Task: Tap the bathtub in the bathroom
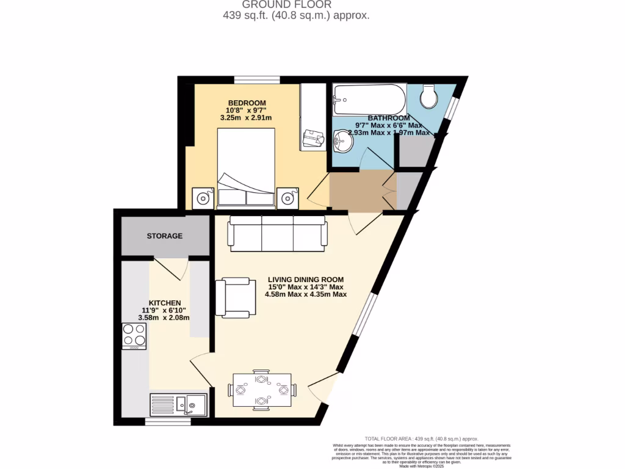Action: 369,99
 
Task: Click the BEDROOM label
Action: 247,102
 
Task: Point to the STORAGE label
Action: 164,236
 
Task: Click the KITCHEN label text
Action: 165,302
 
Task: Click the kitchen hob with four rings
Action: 134,335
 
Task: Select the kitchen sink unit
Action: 178,405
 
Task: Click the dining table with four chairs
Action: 262,390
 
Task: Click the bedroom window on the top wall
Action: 257,79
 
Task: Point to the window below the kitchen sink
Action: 164,421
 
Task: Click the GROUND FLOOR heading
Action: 296,5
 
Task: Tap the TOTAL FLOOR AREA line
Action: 421,438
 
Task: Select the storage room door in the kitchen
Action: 172,269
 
